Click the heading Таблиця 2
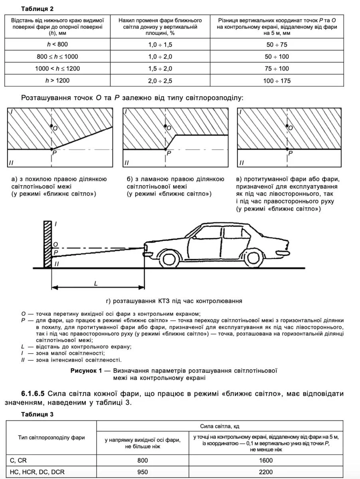click(x=37, y=8)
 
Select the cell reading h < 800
click(x=57, y=44)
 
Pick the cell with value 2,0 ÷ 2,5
click(x=160, y=81)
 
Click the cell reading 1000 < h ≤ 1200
click(x=57, y=68)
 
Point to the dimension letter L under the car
click(x=96, y=283)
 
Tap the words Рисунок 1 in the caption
click(x=86, y=370)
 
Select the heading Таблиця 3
click(x=37, y=414)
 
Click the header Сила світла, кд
click(x=220, y=426)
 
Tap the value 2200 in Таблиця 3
click(x=265, y=472)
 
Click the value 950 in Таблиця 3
click(x=142, y=472)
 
